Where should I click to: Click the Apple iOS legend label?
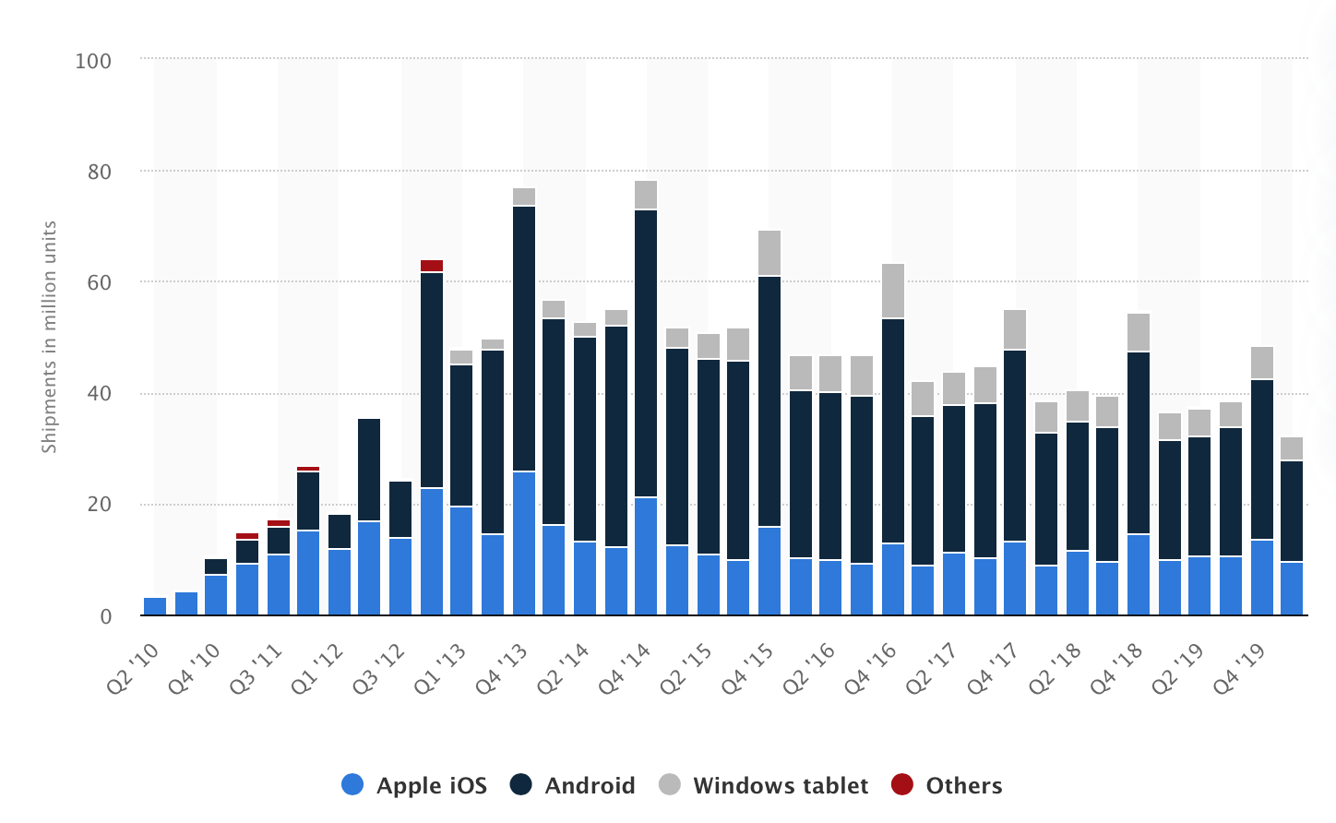(x=431, y=785)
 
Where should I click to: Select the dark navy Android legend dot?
(x=521, y=784)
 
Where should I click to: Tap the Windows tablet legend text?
(x=781, y=785)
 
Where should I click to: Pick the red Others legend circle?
(x=902, y=784)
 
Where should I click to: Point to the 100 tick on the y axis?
(x=93, y=61)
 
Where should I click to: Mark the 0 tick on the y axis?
(x=105, y=616)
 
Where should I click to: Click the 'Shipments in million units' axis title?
(x=49, y=337)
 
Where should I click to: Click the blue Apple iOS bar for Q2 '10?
(x=155, y=606)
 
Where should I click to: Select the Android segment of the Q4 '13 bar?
(x=524, y=339)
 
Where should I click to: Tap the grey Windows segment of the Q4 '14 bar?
(x=646, y=195)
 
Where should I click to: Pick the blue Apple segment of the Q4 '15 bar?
(x=769, y=570)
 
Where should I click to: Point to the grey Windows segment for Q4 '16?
(x=893, y=291)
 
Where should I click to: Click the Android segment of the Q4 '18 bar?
(x=1139, y=443)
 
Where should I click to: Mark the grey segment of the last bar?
(x=1292, y=448)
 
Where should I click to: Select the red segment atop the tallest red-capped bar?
(x=432, y=266)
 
